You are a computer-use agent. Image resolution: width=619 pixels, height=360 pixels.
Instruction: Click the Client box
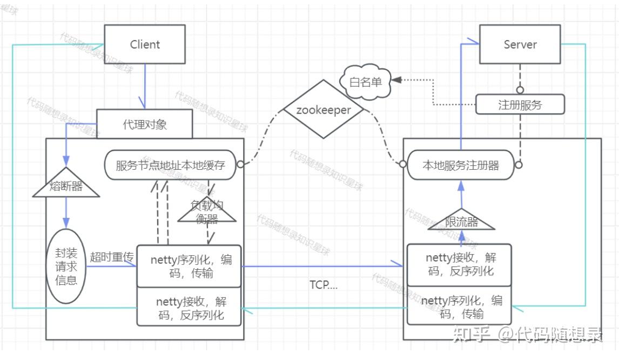[145, 44]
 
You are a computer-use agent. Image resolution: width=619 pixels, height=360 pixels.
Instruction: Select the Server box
[520, 44]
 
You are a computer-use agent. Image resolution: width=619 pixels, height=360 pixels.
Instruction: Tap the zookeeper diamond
[324, 110]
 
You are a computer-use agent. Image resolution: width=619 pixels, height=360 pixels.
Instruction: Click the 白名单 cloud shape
[366, 82]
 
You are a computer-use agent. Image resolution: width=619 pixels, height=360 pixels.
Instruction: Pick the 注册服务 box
[520, 104]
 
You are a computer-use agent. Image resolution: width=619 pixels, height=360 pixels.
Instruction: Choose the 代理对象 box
[144, 124]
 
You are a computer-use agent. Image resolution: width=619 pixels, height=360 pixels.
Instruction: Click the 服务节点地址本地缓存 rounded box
[170, 165]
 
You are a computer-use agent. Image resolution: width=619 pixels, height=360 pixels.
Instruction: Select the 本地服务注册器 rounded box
[461, 165]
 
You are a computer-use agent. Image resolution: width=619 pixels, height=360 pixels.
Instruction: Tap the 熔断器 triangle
[66, 183]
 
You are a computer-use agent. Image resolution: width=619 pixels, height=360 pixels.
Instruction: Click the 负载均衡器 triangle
[207, 210]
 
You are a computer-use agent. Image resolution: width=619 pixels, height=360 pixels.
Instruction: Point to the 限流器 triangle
[461, 220]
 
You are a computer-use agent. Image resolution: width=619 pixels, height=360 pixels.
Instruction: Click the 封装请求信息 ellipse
[66, 266]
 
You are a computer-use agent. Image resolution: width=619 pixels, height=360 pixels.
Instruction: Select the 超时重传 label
[112, 257]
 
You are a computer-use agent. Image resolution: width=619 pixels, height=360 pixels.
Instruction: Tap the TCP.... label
[324, 285]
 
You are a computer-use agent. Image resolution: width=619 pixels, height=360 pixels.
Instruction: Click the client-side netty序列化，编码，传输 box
[189, 266]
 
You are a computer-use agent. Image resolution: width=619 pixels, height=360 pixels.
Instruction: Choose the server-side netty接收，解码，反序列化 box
[459, 265]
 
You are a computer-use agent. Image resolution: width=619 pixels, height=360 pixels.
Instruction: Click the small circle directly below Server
[520, 90]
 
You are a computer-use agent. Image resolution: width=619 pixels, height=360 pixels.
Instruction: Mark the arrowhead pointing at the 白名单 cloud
[396, 80]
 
